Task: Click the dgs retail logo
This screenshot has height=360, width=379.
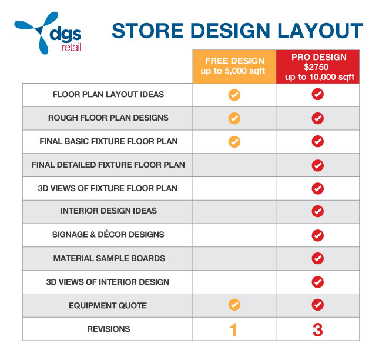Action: pyautogui.click(x=48, y=33)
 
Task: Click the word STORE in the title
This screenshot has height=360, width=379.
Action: pyautogui.click(x=147, y=31)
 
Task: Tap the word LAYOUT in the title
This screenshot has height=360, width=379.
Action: pyautogui.click(x=320, y=31)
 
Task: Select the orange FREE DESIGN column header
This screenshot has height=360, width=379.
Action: pyautogui.click(x=234, y=66)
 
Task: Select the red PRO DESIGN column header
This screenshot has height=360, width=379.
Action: pyautogui.click(x=318, y=66)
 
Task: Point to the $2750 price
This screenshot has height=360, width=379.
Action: pyautogui.click(x=316, y=67)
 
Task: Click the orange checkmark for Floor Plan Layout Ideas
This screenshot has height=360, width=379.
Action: pyautogui.click(x=234, y=95)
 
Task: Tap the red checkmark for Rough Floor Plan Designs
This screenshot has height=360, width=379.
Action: pyautogui.click(x=318, y=118)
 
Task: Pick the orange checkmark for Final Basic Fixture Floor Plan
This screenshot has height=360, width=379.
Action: pyautogui.click(x=234, y=142)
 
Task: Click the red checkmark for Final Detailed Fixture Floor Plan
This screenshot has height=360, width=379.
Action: pyautogui.click(x=318, y=165)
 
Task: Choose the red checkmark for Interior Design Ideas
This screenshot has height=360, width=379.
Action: pyautogui.click(x=318, y=211)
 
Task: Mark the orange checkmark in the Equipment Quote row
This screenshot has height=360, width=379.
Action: pyautogui.click(x=234, y=305)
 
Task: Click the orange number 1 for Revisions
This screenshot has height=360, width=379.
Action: pyautogui.click(x=233, y=329)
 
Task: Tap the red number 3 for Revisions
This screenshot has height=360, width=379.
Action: pyautogui.click(x=318, y=329)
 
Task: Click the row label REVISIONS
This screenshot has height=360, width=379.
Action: pyautogui.click(x=109, y=329)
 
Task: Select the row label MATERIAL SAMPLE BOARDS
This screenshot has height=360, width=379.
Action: pyautogui.click(x=109, y=258)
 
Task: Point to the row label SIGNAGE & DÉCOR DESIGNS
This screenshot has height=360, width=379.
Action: pyautogui.click(x=108, y=234)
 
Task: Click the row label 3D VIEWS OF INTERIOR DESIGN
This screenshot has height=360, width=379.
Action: pyautogui.click(x=108, y=282)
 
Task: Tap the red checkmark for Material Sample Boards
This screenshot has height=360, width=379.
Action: pyautogui.click(x=318, y=258)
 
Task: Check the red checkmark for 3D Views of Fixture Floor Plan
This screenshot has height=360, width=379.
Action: pyautogui.click(x=318, y=188)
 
